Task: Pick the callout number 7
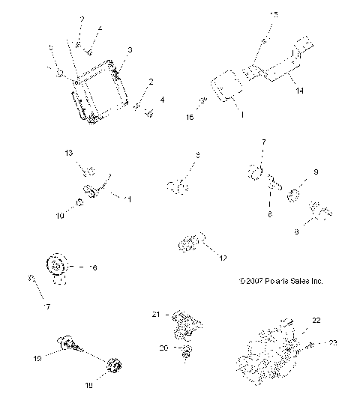tap(263, 142)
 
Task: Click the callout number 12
tap(223, 258)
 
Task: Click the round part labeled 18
tap(114, 367)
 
